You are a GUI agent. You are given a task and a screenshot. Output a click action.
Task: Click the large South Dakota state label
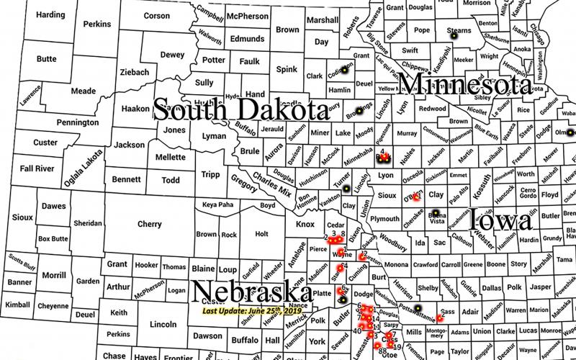tap(240, 109)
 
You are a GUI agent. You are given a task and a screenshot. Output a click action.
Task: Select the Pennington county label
tap(77, 123)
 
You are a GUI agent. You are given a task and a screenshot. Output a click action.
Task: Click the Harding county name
tap(50, 14)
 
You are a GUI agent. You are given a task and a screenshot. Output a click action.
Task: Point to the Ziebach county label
tap(134, 73)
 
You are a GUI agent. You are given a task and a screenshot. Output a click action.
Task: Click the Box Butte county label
tap(53, 238)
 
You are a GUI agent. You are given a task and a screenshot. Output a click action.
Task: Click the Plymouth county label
tap(385, 219)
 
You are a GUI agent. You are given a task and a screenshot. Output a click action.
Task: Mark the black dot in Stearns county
tap(454, 34)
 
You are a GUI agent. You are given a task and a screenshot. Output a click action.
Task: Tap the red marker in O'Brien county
tap(416, 197)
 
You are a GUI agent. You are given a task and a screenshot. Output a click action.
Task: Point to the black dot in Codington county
tap(344, 71)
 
